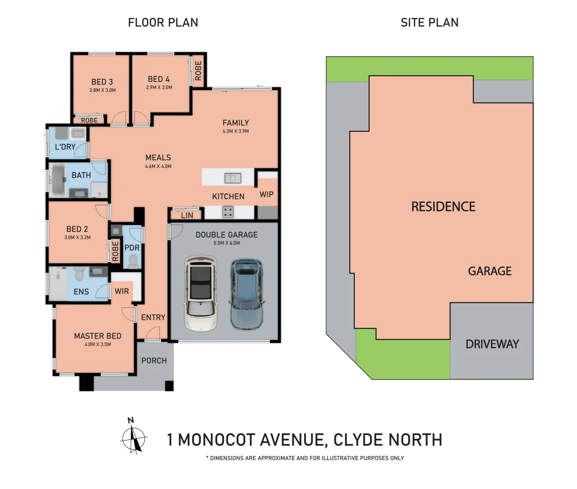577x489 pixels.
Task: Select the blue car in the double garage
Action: (x=246, y=294)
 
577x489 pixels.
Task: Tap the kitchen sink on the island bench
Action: (x=233, y=178)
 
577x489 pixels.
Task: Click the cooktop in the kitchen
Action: (x=228, y=211)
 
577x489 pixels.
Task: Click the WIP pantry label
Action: (x=267, y=194)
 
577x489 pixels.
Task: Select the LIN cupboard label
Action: (x=187, y=216)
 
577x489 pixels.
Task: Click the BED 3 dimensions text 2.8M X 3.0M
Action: (x=102, y=91)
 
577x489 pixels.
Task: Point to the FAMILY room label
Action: (x=236, y=123)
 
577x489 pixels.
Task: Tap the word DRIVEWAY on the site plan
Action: (x=492, y=344)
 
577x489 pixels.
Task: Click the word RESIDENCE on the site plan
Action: (x=443, y=207)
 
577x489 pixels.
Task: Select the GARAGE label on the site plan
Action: (x=490, y=271)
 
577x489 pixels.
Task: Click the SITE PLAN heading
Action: (x=429, y=23)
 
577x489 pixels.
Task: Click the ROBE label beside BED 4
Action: (x=198, y=71)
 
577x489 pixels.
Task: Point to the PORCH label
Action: (x=154, y=361)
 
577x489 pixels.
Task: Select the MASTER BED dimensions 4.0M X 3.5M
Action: (x=98, y=345)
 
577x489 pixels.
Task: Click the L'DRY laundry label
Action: (x=65, y=147)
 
